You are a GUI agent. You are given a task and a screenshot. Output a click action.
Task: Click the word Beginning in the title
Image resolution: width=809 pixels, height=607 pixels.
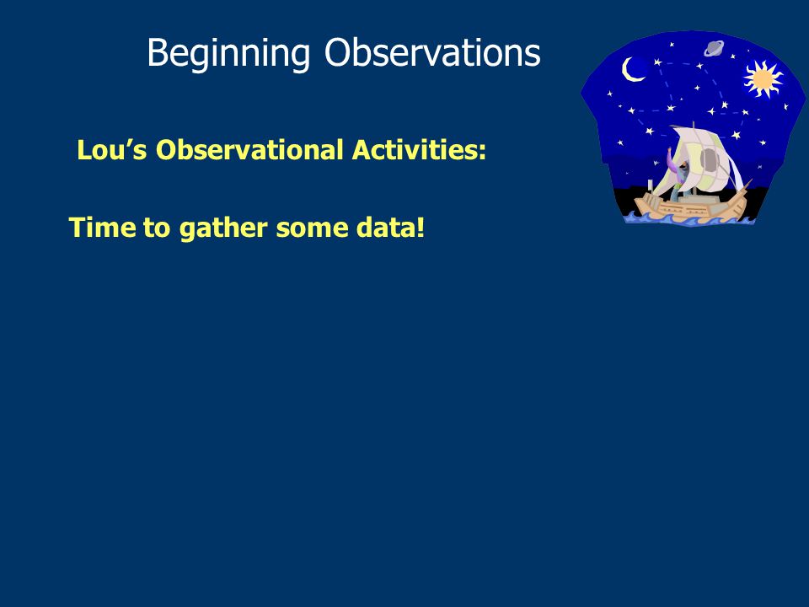[228, 53]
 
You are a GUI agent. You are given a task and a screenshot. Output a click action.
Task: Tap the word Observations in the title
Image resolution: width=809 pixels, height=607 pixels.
[432, 52]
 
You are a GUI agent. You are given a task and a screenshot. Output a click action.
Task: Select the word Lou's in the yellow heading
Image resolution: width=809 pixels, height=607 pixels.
[112, 150]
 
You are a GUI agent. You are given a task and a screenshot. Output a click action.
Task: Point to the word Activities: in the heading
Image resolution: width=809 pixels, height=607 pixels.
[419, 150]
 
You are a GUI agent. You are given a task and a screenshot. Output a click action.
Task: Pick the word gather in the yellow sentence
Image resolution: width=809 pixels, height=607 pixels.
[222, 228]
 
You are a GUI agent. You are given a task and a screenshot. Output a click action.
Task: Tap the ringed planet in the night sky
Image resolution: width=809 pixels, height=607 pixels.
[714, 49]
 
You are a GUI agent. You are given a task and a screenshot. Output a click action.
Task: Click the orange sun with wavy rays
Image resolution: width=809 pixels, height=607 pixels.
[763, 79]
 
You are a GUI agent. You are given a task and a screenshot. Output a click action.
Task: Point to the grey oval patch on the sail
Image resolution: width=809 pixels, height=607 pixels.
[710, 159]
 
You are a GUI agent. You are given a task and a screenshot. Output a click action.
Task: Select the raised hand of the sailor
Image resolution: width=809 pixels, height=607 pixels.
[670, 150]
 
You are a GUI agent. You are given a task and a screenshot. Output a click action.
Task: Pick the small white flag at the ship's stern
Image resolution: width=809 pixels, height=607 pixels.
[649, 185]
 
